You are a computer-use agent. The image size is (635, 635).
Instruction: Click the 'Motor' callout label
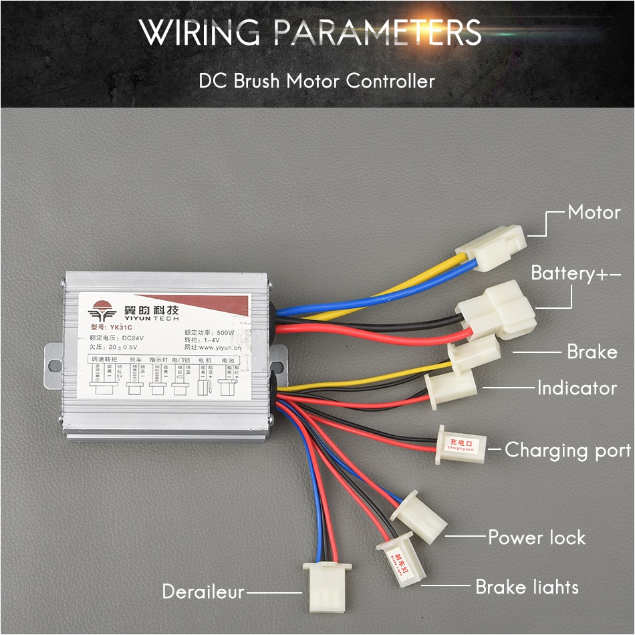(594, 213)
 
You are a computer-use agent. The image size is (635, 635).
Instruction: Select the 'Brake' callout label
(592, 352)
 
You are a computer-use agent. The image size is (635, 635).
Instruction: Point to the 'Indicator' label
(577, 388)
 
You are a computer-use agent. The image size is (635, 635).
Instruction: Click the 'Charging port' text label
(567, 450)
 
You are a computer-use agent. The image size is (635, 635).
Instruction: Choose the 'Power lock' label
(536, 537)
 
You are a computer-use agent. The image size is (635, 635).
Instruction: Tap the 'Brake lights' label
(527, 587)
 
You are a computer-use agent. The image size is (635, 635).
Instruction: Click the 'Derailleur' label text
(203, 592)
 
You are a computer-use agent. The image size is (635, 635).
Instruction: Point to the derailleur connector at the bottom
(327, 585)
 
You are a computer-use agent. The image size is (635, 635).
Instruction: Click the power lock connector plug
(419, 517)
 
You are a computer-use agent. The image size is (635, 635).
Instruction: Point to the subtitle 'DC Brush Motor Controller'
(317, 81)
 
